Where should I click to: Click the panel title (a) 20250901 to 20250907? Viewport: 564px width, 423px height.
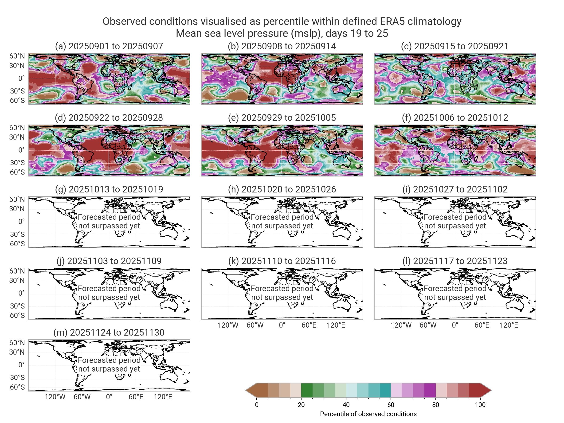109,46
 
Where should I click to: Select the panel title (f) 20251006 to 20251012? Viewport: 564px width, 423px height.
455,117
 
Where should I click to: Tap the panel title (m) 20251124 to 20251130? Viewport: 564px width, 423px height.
109,333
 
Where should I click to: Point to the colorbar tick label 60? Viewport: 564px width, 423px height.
391,405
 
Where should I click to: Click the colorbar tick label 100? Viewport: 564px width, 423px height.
480,405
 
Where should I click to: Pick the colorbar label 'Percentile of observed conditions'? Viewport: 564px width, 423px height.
368,414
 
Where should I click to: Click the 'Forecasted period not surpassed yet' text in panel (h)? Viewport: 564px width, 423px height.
282,221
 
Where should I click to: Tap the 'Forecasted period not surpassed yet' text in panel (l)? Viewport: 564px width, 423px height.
455,293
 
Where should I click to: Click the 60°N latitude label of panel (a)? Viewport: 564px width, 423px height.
17,56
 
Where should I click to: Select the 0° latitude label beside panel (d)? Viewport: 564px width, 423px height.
21,150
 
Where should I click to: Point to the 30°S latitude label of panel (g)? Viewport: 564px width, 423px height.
17,234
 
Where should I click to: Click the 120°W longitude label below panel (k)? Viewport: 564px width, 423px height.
228,325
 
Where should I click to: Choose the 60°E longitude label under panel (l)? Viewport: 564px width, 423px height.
482,325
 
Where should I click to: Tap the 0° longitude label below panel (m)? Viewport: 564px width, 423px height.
109,397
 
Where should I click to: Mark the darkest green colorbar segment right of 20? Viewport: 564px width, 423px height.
307,390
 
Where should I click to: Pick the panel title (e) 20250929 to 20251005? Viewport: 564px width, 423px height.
282,117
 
